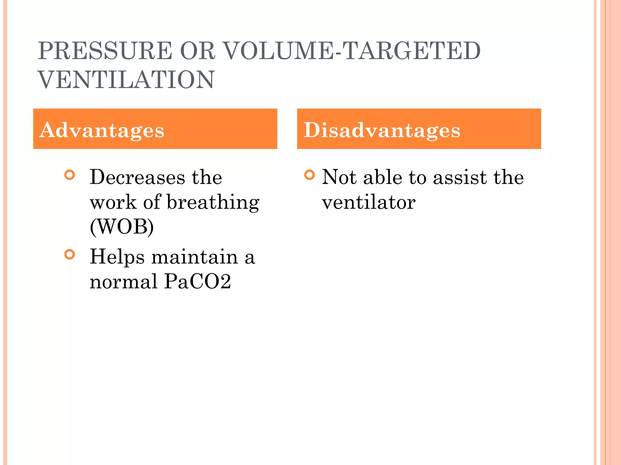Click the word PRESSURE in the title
pos(105,51)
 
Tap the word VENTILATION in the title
pos(126,80)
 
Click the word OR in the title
pos(197,51)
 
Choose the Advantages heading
pos(102,130)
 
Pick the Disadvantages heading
pos(382,130)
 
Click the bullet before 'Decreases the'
pos(70,175)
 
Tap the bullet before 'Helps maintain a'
pos(70,254)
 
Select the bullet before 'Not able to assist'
pos(309,175)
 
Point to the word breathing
pos(213,203)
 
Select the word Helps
pos(117,257)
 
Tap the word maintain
pos(195,257)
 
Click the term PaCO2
pos(198,282)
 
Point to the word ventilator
pos(369,202)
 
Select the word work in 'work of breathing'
pos(113,202)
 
